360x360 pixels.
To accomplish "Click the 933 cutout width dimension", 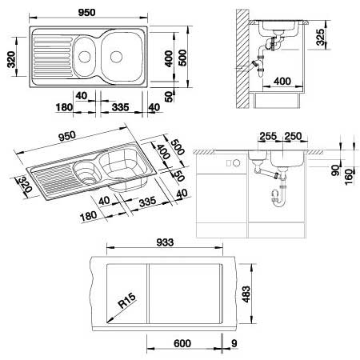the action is tap(165, 242).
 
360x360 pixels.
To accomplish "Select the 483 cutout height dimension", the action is tap(246, 294).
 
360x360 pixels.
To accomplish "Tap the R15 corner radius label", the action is tap(127, 301).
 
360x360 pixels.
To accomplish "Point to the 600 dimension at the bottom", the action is tap(182, 343).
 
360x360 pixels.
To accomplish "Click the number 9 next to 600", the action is tap(234, 343).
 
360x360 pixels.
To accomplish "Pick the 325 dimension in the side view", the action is tap(320, 37).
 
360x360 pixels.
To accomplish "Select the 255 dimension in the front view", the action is tap(268, 136).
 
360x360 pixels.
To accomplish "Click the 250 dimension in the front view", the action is tap(293, 136).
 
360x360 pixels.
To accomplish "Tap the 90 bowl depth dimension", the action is tap(335, 170).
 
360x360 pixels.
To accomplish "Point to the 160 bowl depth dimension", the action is tap(349, 176).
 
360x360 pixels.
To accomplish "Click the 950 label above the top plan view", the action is tap(87, 12).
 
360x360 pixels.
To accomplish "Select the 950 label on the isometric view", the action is tap(67, 136).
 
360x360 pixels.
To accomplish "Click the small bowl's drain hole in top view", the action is tap(85, 57).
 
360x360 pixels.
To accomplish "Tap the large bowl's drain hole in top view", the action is tap(116, 57).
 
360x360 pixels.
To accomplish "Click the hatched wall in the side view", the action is tap(242, 58).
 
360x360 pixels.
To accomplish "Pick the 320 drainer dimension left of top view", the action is tap(11, 59).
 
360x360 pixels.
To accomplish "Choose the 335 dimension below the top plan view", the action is tap(120, 107).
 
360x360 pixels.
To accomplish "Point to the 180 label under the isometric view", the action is tap(88, 216).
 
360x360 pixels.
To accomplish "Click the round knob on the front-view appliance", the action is tap(236, 163).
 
